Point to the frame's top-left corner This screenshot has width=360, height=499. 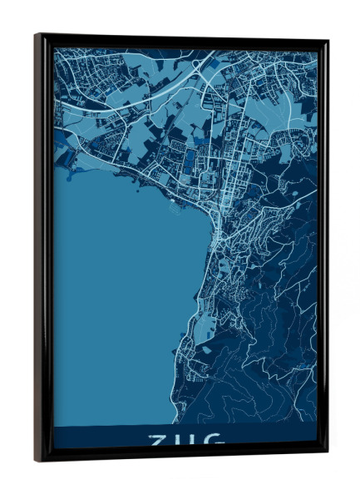coord(36,35)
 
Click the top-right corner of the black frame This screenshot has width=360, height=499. coord(327,41)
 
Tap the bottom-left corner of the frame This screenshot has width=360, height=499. coord(36,460)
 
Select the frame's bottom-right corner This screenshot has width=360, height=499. coord(327,455)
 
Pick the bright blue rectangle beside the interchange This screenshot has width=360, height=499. coord(215,62)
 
